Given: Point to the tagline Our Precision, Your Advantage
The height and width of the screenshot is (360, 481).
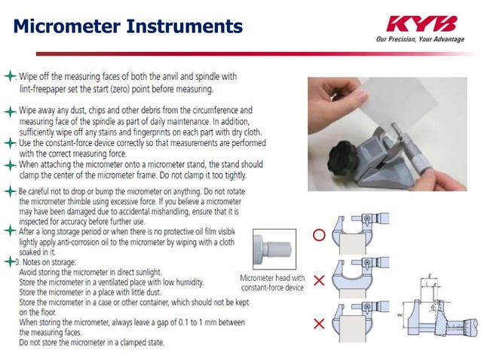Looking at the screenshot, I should click(420, 39).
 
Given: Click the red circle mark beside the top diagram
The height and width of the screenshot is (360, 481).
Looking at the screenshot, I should click(319, 235).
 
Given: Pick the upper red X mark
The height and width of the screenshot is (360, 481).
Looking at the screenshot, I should click(319, 280).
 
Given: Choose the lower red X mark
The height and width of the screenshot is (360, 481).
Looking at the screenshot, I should click(319, 324).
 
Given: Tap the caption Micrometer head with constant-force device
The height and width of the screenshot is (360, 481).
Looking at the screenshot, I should click(272, 282).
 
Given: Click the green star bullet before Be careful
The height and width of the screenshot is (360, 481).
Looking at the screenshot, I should click(9, 191).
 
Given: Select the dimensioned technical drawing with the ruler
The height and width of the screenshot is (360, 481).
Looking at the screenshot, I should click(441, 309).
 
